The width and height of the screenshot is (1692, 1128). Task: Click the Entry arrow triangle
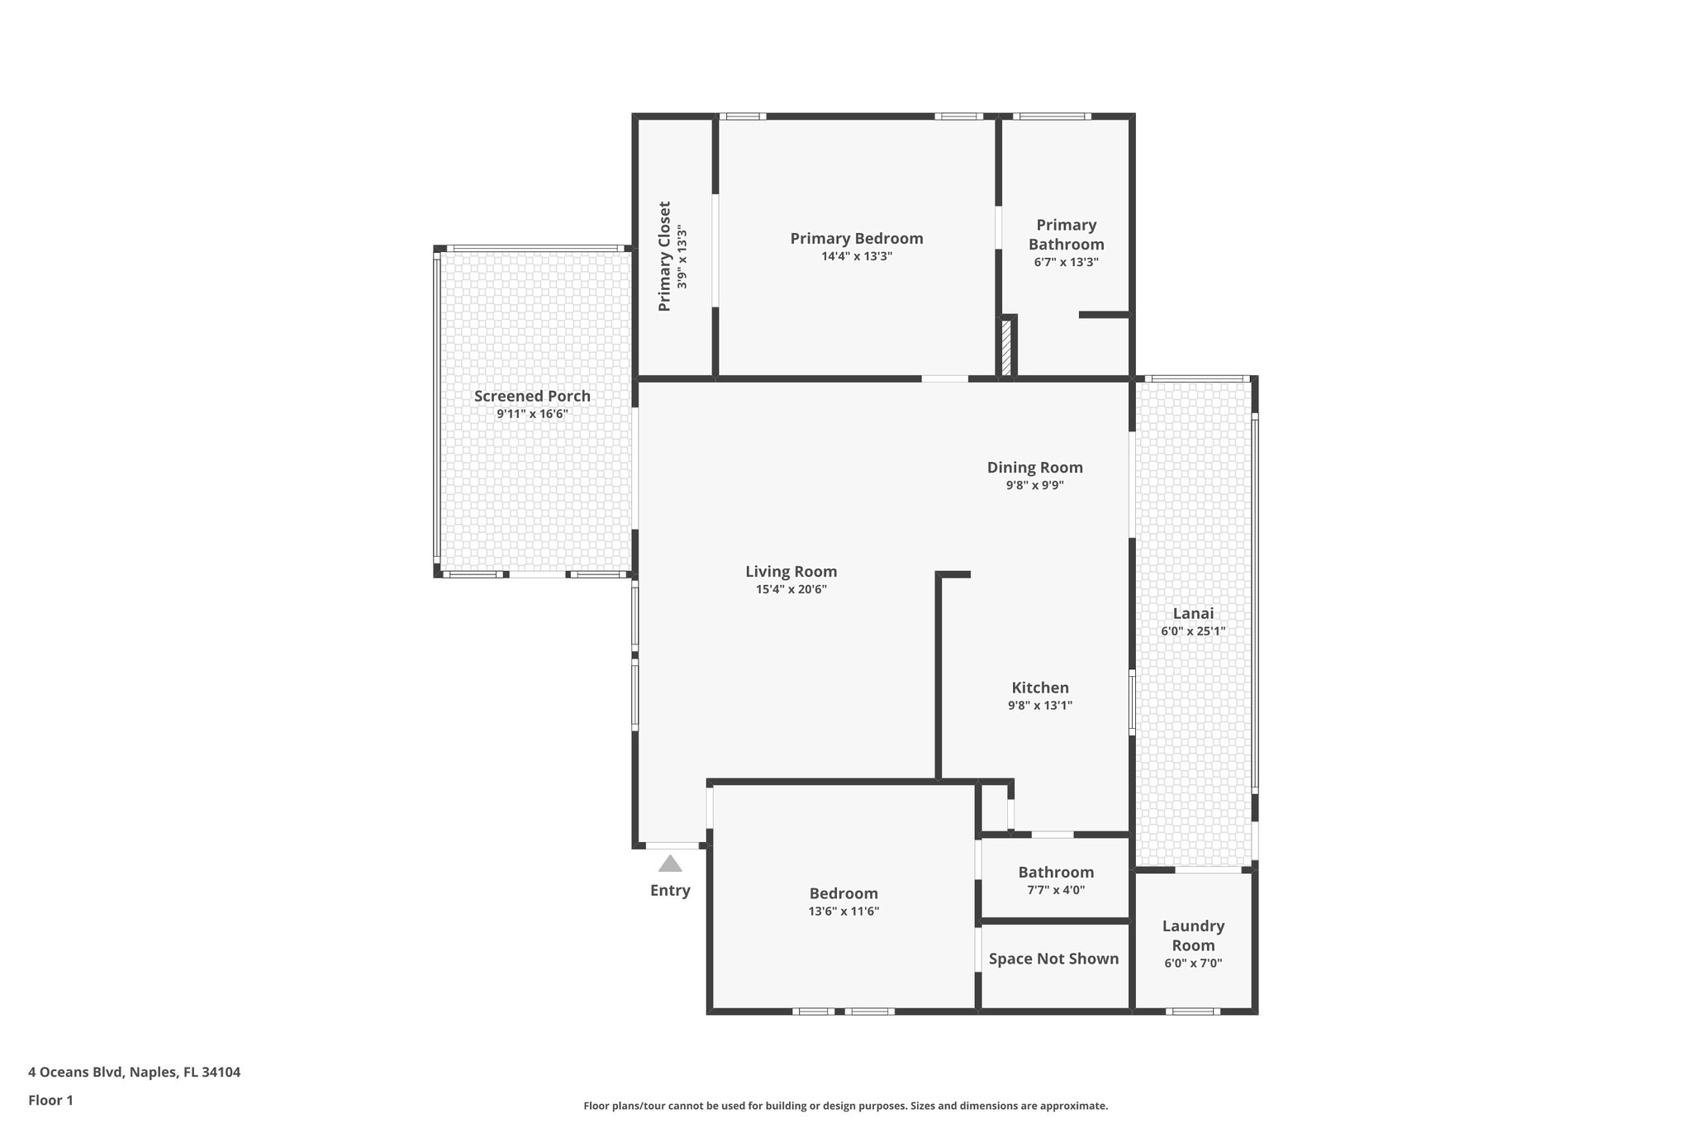coord(670,864)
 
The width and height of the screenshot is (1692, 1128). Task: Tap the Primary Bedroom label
coord(856,239)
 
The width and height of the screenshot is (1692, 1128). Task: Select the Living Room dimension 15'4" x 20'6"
coord(791,589)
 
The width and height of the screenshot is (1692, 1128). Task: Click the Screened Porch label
coord(532,396)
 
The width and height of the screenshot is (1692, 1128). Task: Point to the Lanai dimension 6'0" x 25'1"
coord(1193,631)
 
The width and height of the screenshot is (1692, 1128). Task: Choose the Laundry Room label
coord(1193,935)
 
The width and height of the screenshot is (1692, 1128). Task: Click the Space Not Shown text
coord(1053,959)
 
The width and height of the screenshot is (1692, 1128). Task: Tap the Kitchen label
coord(1040,688)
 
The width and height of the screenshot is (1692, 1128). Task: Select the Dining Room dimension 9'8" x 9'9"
coord(1034,486)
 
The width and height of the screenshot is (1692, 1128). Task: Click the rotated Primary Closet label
coord(664,256)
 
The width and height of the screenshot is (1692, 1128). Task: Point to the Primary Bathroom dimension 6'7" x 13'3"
coord(1066,262)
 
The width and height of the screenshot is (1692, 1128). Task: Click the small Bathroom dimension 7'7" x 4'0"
coord(1056,890)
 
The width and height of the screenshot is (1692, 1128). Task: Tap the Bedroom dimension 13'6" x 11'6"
coord(844,911)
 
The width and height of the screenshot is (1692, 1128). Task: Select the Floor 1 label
coord(50,1100)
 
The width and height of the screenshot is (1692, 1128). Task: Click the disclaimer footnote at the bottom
coord(845,1106)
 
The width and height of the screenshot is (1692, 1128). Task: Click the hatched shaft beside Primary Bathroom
coord(1006,347)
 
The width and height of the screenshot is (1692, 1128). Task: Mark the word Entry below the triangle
coord(670,890)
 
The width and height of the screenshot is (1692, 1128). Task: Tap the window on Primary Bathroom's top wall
coord(1051,117)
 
